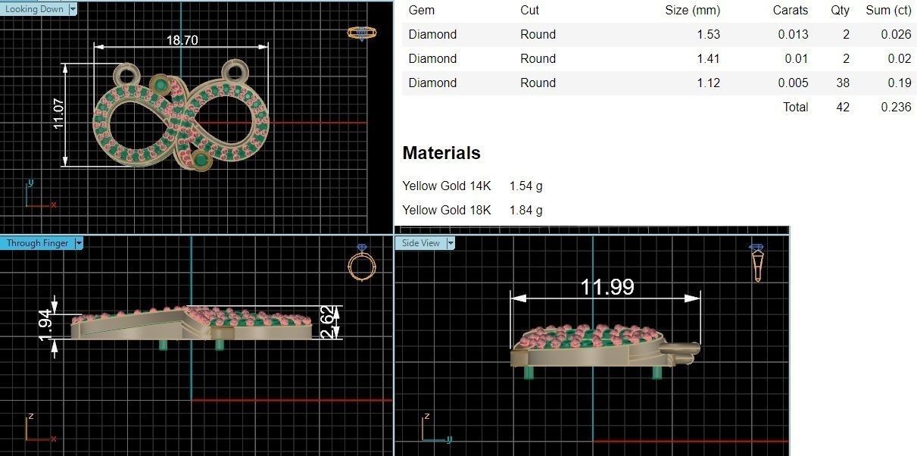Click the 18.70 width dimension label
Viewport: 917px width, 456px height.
click(182, 40)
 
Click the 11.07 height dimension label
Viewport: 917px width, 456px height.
click(59, 114)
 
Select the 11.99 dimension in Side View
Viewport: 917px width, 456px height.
click(607, 287)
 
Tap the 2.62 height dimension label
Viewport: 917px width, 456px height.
click(326, 322)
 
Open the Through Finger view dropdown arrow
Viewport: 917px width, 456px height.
click(79, 243)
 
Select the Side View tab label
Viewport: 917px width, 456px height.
click(420, 243)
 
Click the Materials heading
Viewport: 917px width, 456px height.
click(441, 153)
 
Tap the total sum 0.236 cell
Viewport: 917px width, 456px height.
click(896, 107)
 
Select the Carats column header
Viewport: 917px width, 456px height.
click(790, 11)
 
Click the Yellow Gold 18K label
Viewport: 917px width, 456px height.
click(446, 210)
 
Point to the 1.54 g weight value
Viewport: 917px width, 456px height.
click(526, 186)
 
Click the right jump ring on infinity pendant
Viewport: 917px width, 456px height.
click(235, 73)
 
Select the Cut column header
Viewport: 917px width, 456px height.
click(529, 11)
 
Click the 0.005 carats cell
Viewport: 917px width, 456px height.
click(794, 83)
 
